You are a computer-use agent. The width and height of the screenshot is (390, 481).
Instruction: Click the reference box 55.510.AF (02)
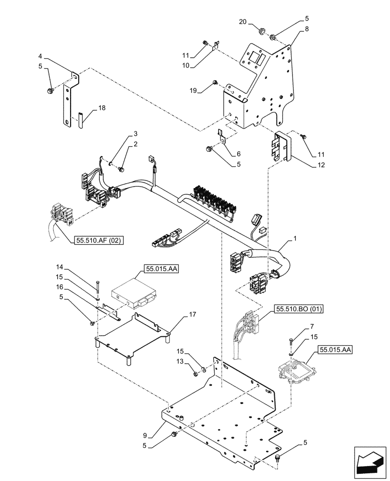tap(99, 240)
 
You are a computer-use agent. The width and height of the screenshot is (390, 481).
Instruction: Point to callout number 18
tap(101, 109)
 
